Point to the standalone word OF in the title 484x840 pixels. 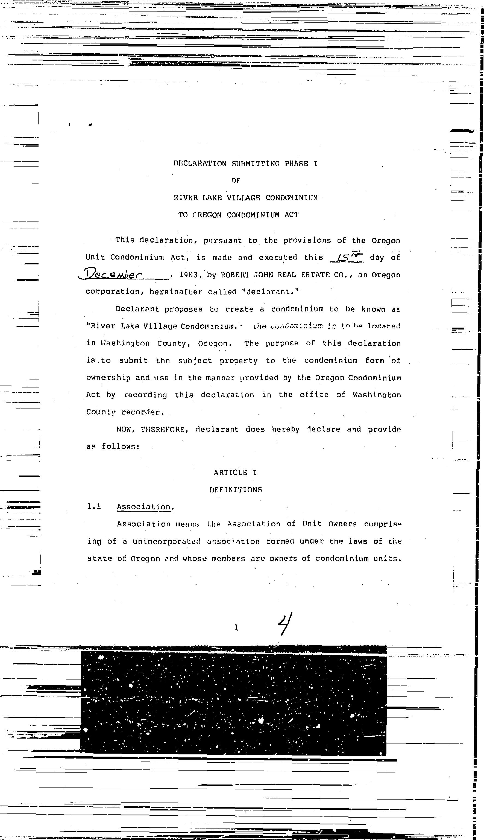236,180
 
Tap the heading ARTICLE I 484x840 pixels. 235,472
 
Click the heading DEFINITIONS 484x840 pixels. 236,489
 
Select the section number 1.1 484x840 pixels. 94,506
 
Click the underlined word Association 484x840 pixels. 143,506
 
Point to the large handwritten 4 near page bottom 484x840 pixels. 285,623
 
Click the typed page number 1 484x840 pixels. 236,628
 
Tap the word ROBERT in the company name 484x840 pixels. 234,275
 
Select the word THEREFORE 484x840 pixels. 163,429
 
